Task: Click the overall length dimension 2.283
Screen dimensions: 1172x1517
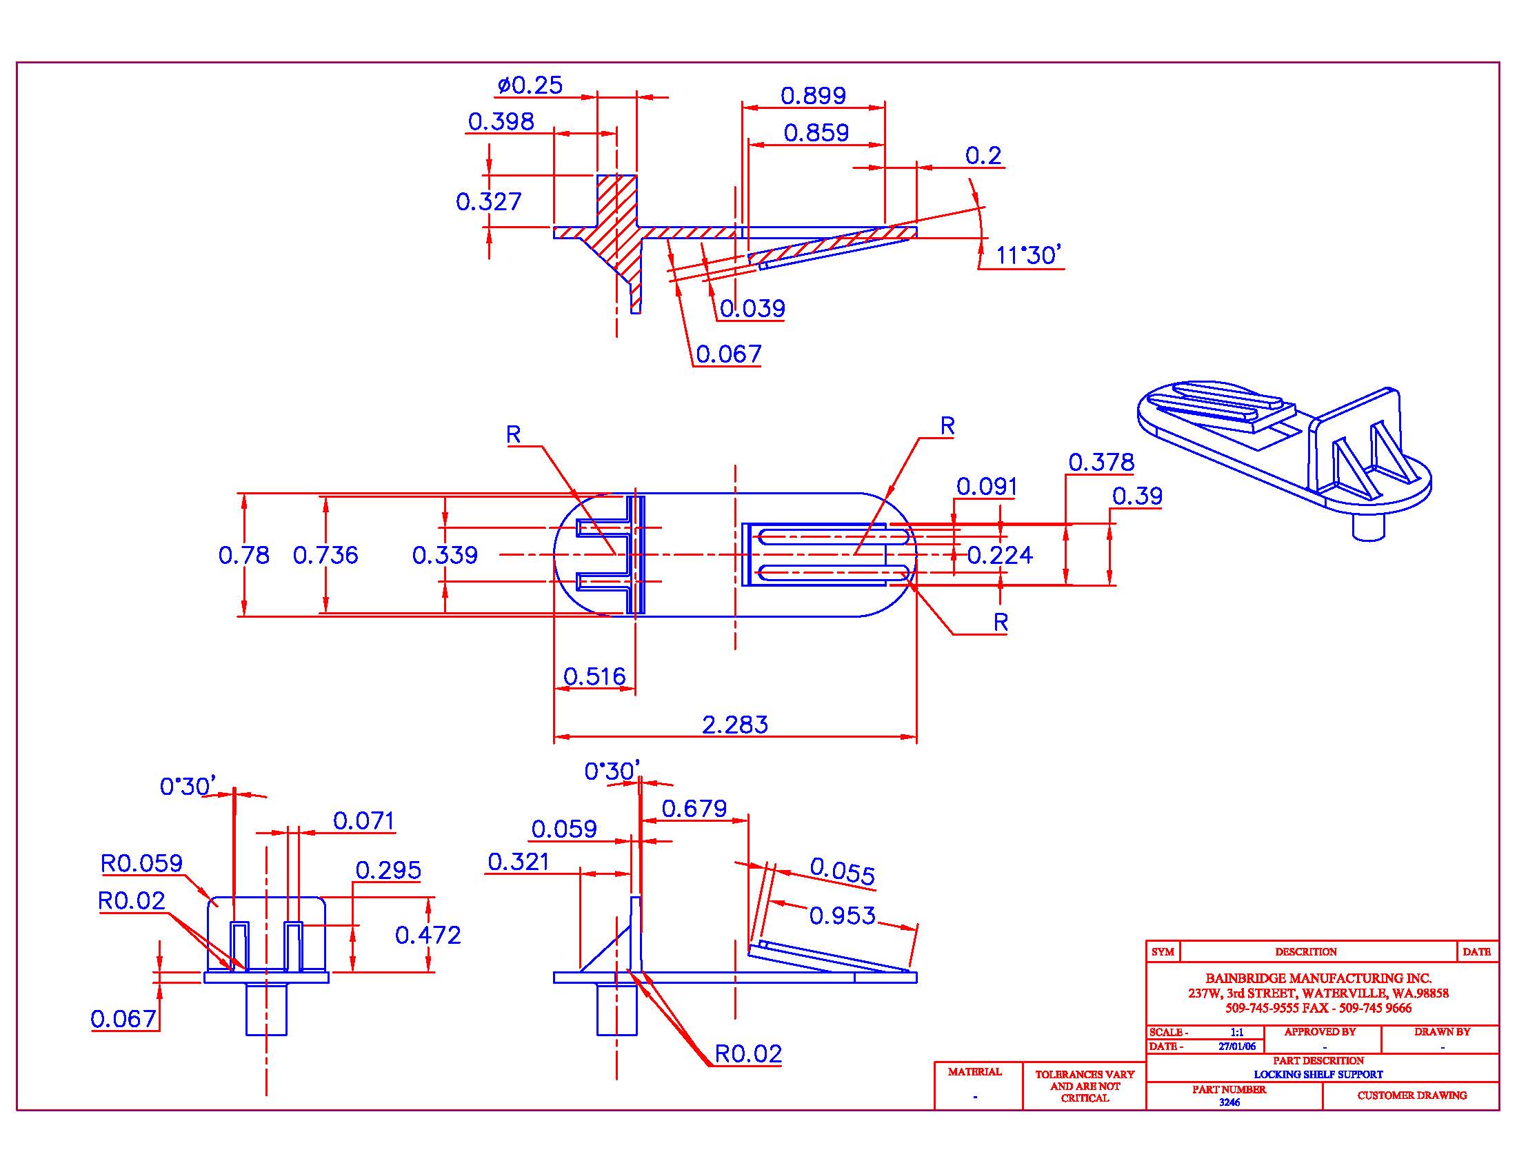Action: click(735, 725)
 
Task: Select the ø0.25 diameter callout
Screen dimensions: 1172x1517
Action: click(530, 85)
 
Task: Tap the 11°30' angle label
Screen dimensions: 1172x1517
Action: click(1027, 256)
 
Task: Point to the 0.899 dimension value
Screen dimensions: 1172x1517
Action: click(814, 95)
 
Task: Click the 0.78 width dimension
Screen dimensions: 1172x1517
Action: click(244, 555)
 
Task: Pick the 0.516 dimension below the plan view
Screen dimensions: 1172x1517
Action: click(594, 676)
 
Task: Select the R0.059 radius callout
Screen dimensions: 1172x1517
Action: click(141, 863)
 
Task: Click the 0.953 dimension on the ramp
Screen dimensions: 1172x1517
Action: click(843, 915)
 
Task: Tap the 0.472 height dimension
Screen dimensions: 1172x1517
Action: click(428, 936)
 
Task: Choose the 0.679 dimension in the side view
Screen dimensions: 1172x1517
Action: click(694, 808)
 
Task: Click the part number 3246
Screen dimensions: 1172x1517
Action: click(1229, 1102)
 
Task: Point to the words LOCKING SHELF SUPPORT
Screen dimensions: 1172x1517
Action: click(1318, 1074)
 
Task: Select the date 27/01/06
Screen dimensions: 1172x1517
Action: click(1237, 1047)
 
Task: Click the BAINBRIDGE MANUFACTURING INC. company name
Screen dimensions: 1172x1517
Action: click(1318, 978)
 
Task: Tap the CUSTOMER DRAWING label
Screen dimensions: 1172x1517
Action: click(1411, 1095)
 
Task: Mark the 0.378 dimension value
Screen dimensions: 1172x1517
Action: click(1101, 462)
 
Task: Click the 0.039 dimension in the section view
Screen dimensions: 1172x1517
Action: click(752, 308)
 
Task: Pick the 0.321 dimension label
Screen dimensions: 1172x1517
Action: click(518, 862)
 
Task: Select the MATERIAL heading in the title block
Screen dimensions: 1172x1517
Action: click(974, 1071)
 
